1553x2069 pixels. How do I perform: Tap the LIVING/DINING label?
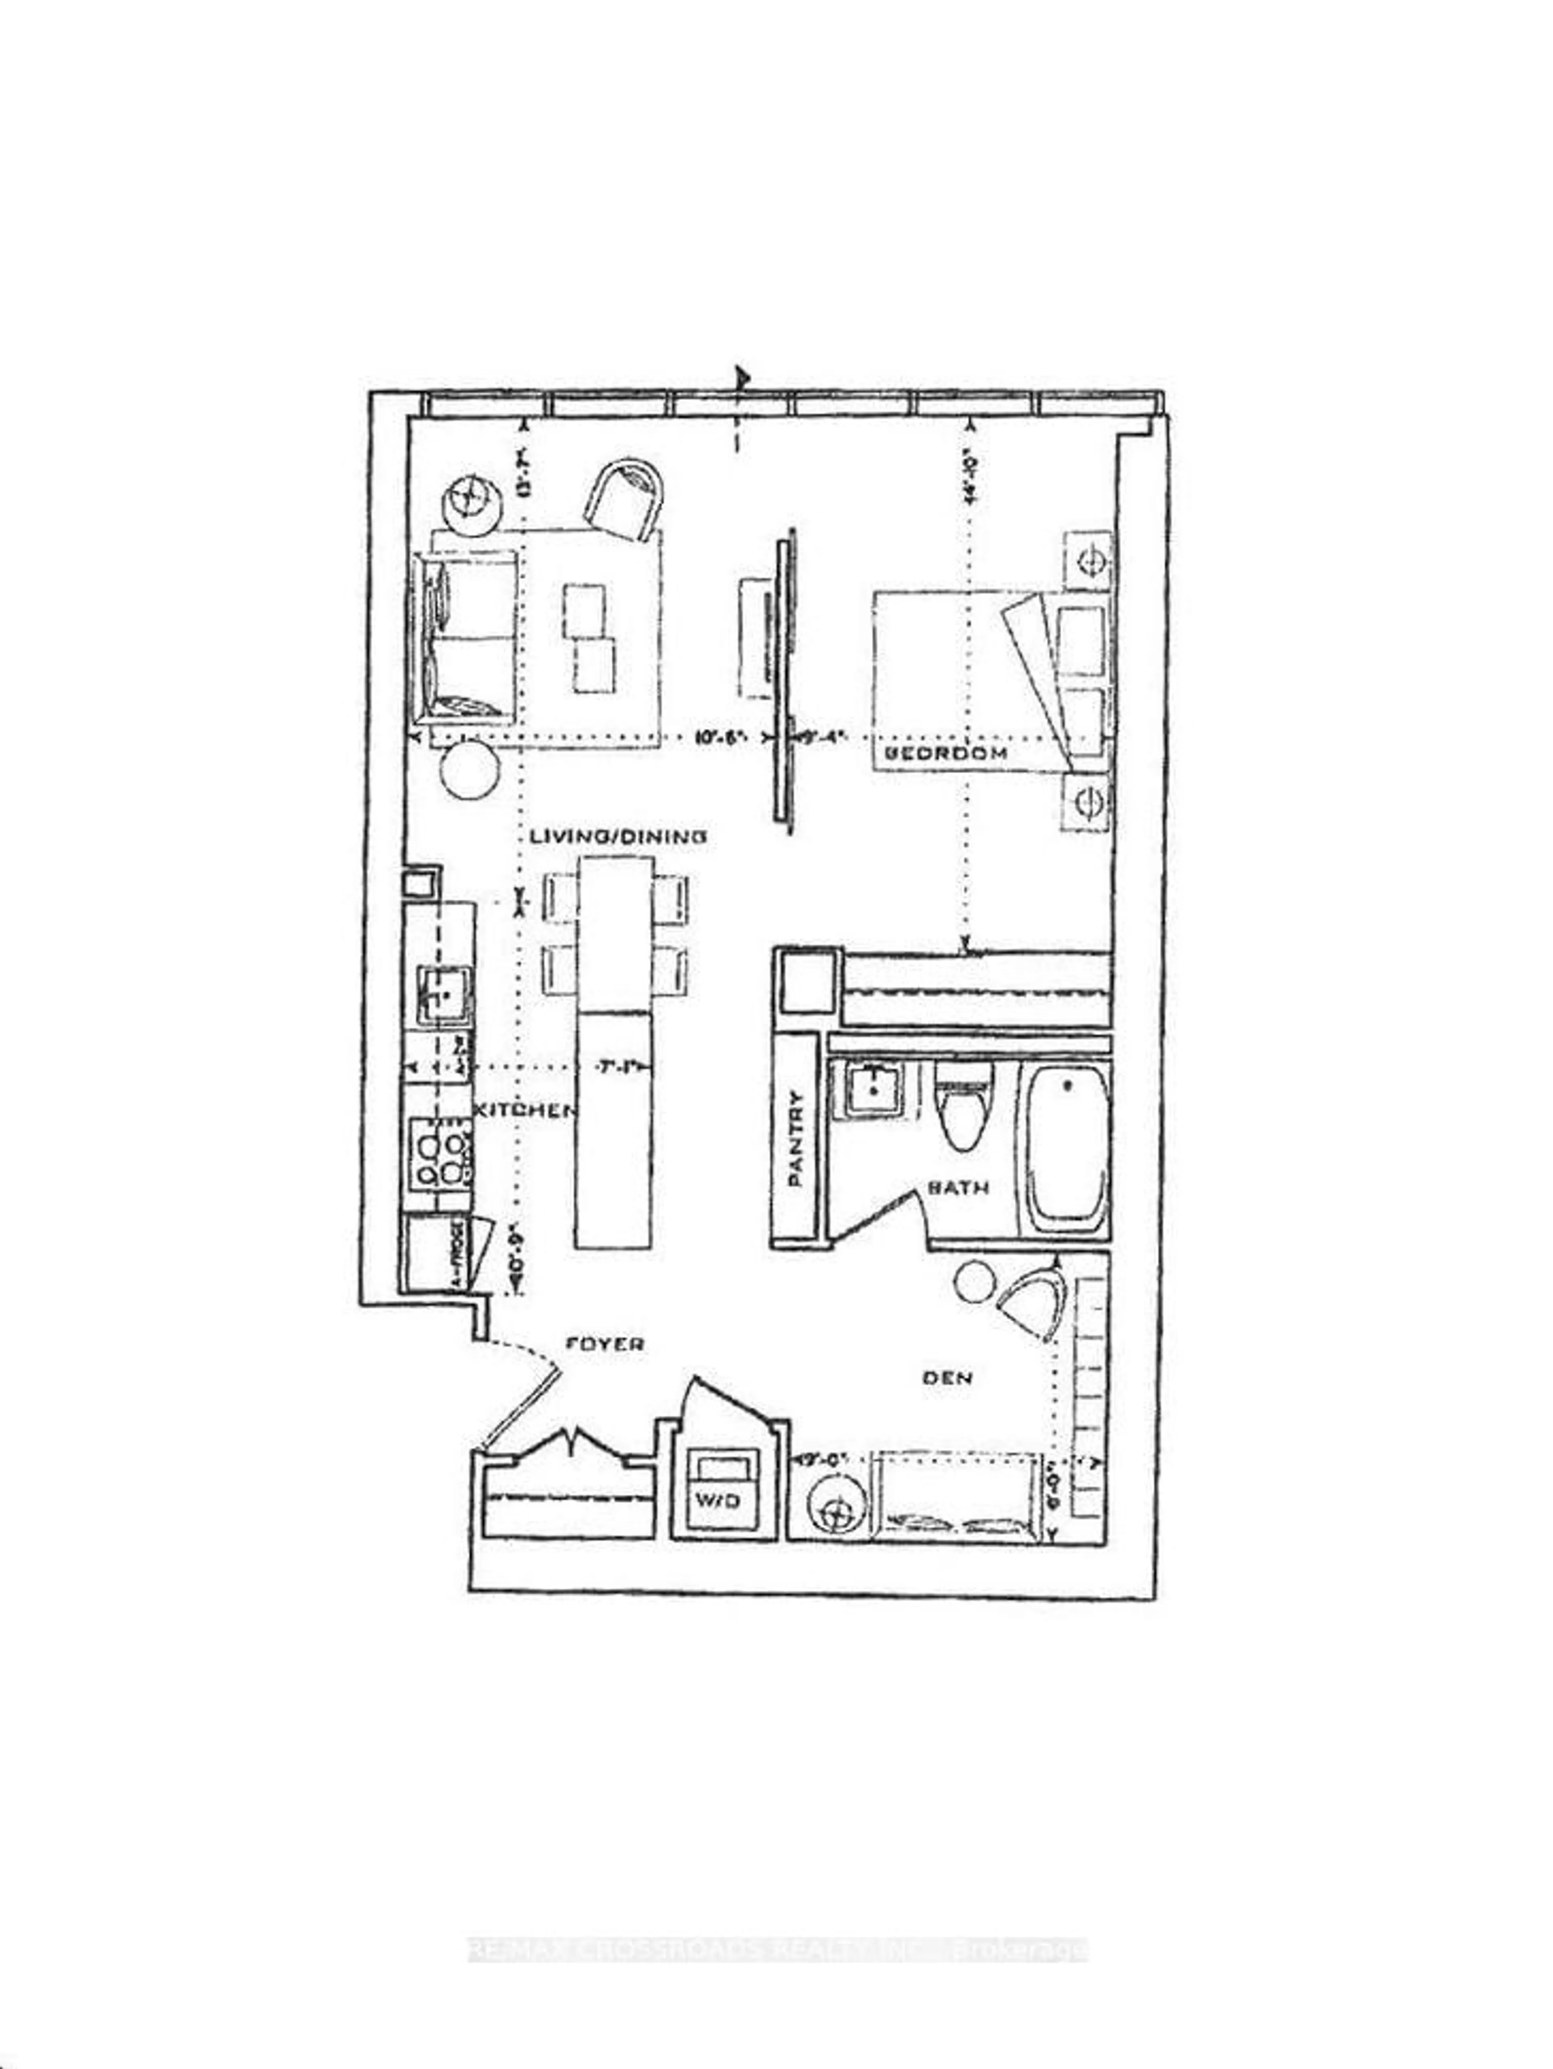point(618,837)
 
